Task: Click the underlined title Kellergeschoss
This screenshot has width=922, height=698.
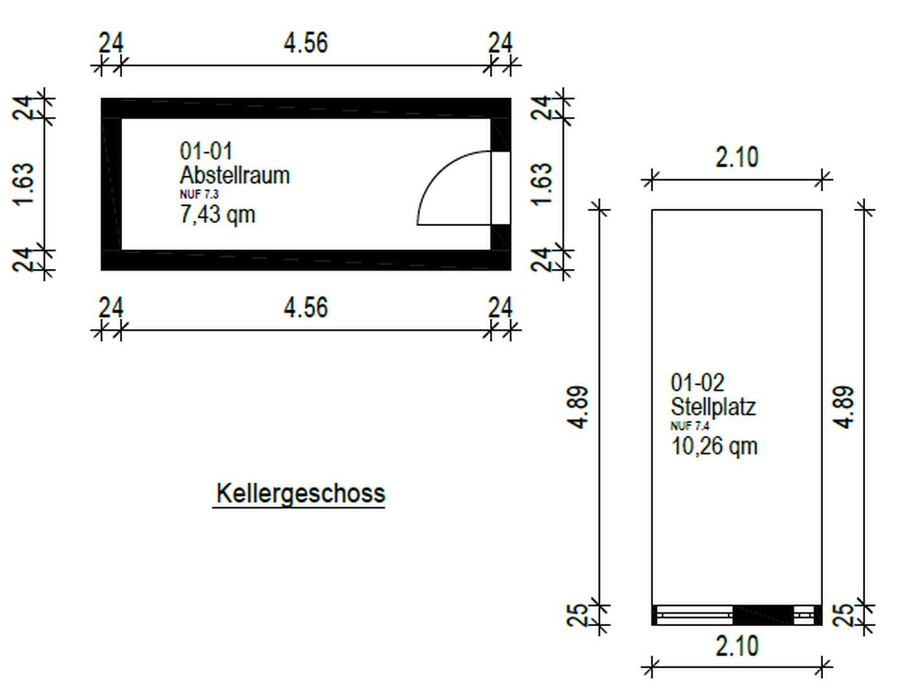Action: coord(300,494)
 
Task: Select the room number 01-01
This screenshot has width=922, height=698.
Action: coord(205,151)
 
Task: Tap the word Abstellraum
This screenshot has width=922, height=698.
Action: coord(235,175)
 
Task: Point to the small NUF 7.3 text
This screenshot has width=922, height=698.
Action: coord(199,194)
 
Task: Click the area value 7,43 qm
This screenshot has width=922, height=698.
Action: coord(217,214)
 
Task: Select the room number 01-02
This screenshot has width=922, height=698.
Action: coord(697,383)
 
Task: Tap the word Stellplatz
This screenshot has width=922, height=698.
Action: coord(713,407)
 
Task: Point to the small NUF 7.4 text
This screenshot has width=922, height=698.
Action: coord(689,426)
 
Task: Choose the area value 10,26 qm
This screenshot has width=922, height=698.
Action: coord(714,446)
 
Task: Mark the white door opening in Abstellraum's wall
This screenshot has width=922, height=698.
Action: coord(501,188)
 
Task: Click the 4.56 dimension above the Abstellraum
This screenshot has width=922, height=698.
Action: coord(306,43)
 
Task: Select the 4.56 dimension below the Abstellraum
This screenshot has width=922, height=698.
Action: coord(306,308)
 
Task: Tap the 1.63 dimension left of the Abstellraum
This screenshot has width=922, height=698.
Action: coord(23,184)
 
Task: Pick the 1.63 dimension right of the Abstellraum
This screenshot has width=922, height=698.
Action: coord(542,184)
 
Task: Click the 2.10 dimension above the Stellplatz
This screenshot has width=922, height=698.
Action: coord(737,158)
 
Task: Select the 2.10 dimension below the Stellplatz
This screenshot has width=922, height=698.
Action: coord(737,646)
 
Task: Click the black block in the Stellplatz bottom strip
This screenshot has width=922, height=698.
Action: coord(762,615)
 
